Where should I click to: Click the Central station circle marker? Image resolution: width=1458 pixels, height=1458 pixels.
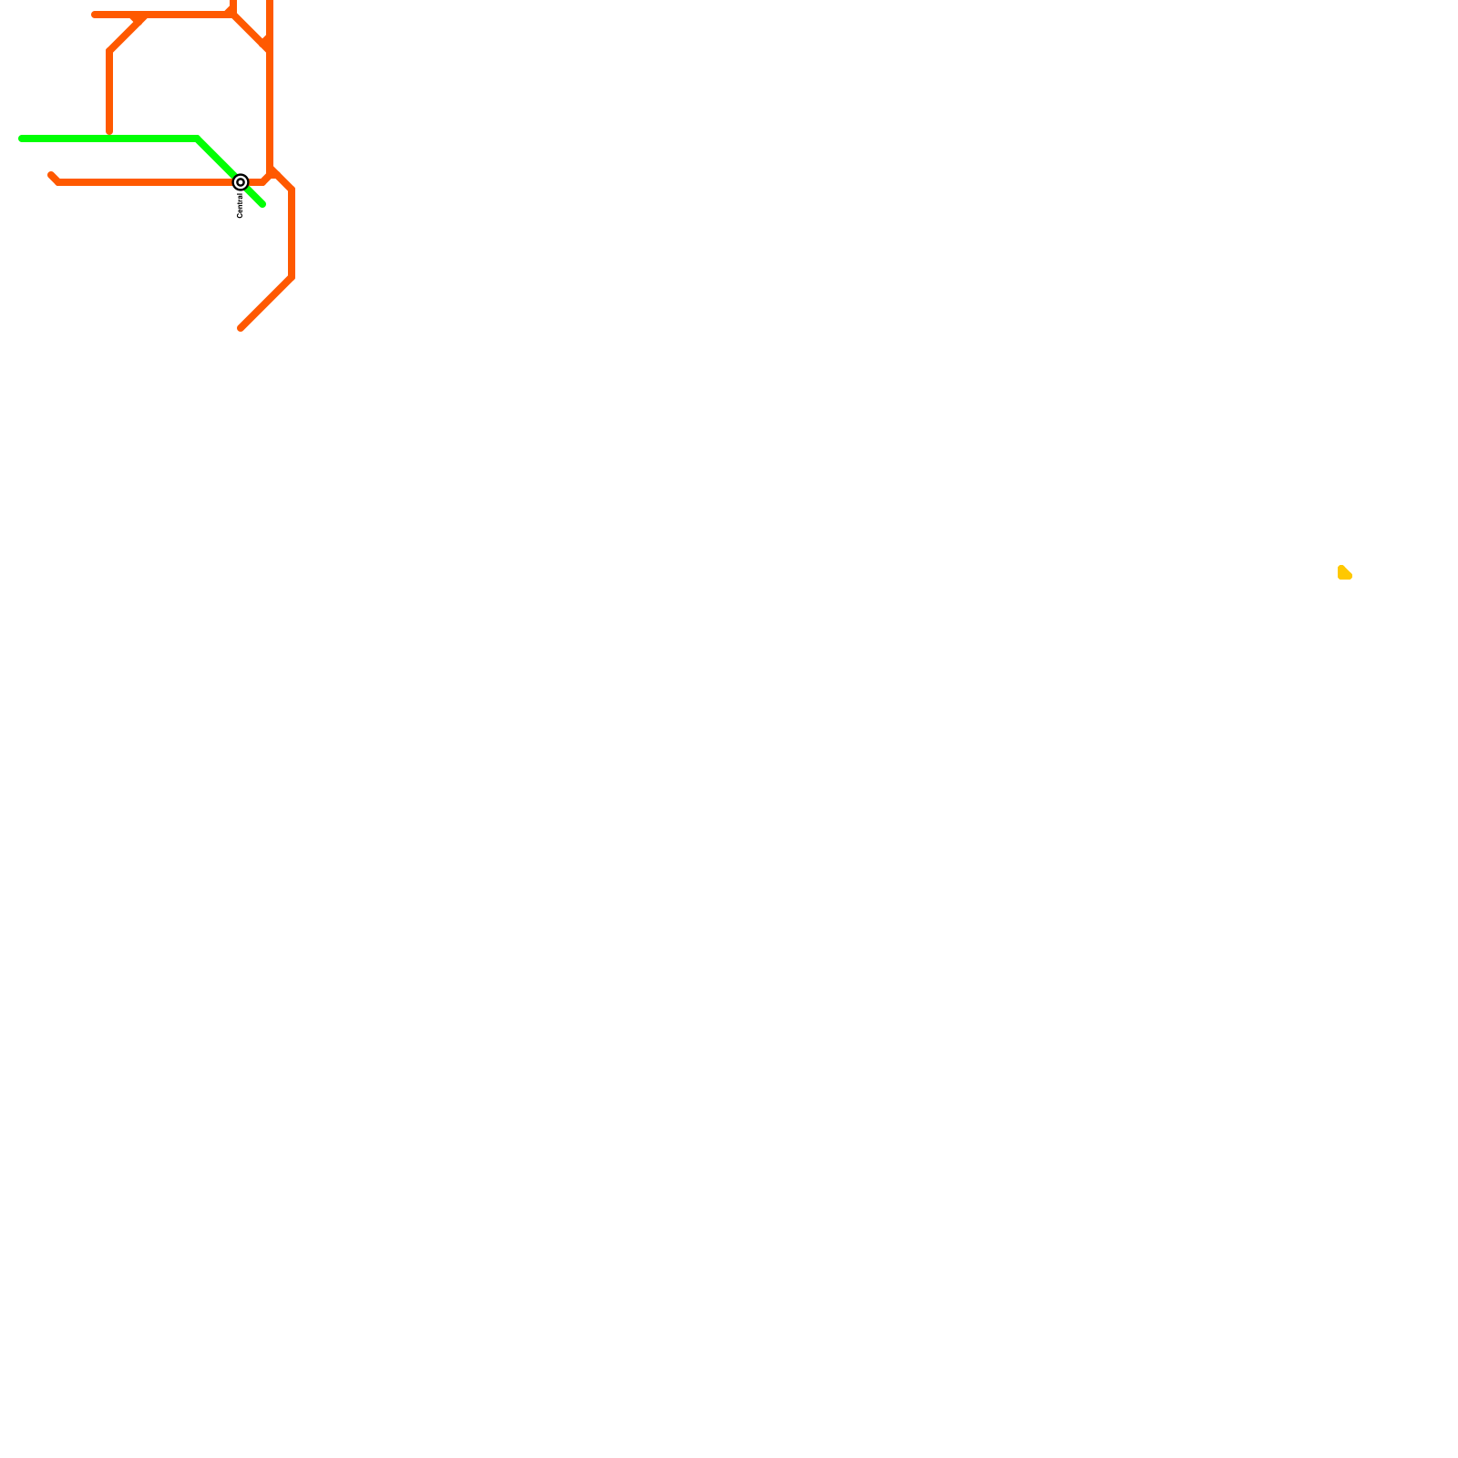241,182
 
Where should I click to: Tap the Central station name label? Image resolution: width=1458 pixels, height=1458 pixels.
240,206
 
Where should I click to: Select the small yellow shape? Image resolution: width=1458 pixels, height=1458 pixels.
1344,573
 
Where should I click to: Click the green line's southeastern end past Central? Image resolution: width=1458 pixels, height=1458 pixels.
262,205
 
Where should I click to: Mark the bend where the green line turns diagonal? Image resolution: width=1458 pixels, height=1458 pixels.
198,139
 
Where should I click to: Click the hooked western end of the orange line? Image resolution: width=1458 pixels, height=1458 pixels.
51,175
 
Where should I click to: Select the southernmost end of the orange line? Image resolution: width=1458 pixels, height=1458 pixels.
241,328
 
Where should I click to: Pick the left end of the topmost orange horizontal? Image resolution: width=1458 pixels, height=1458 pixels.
95,15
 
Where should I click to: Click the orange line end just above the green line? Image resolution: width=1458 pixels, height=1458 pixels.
109,132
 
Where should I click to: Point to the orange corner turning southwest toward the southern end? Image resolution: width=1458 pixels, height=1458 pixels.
292,277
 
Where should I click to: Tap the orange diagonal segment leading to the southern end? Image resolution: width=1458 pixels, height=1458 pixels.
266,303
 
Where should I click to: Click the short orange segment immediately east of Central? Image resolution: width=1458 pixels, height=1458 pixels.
256,182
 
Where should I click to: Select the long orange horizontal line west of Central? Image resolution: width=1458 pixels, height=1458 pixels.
146,182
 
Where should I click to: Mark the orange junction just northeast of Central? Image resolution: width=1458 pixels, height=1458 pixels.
271,171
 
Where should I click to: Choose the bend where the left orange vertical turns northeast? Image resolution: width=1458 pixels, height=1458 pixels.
109,51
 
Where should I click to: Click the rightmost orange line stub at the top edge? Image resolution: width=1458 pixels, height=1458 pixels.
270,4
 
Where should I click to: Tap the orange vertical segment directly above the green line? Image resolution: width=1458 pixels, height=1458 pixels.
109,91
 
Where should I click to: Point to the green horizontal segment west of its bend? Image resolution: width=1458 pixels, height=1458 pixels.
109,139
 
